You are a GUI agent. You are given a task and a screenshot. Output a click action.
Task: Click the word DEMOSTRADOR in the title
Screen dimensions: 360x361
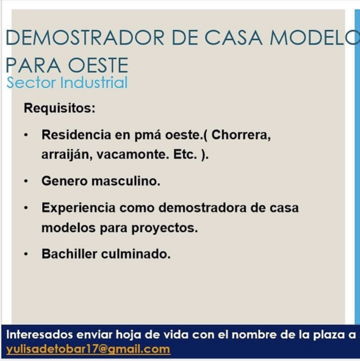[x=85, y=38]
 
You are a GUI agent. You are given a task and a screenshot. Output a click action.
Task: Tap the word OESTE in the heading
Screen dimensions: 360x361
[x=98, y=65]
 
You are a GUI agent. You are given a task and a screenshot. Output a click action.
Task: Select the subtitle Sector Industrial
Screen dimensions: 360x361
[x=67, y=82]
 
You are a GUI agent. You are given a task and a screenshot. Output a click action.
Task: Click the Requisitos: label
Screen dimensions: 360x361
[x=60, y=108]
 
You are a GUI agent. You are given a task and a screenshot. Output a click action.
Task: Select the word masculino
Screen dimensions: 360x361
[x=126, y=181]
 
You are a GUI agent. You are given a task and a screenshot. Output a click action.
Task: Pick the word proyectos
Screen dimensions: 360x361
[x=165, y=228]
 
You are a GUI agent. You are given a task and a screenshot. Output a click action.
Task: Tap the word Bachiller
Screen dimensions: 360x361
[x=69, y=254]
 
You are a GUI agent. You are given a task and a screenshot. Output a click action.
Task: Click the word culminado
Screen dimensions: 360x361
[x=136, y=254]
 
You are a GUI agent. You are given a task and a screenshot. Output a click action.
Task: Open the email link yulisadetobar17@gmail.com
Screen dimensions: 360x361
[x=88, y=349]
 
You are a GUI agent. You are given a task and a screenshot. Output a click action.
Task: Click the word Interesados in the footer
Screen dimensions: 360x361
[x=39, y=335]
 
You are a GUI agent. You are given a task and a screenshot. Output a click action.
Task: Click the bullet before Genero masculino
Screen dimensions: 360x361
[x=26, y=181]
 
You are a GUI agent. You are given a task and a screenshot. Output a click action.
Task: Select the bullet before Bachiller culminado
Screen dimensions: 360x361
[x=26, y=254]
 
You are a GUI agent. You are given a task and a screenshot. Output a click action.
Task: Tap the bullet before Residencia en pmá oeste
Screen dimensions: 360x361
[x=26, y=135]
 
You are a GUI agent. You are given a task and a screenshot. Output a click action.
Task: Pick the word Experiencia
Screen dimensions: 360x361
[x=78, y=208]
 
